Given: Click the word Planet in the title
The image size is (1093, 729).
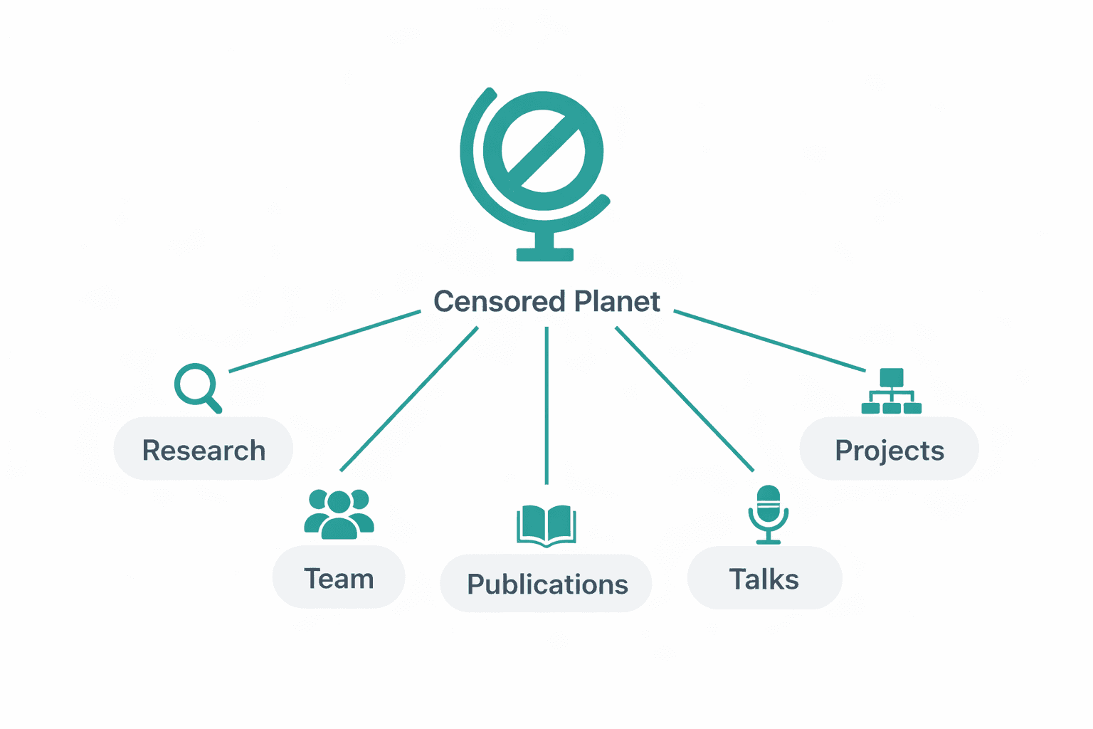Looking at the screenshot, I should point(617,302).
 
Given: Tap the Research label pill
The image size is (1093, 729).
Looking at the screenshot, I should point(204,449).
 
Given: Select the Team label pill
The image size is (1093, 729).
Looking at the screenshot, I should point(339,578).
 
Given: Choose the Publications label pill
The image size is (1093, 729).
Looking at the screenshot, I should point(546,584).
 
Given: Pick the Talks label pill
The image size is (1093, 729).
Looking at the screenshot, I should point(764,579).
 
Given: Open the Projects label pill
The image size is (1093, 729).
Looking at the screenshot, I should point(889,449).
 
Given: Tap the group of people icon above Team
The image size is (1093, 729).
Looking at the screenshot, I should point(339,513).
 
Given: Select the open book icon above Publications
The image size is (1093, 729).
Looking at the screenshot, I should point(546,525).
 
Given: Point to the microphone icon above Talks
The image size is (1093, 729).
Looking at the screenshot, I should point(769,513).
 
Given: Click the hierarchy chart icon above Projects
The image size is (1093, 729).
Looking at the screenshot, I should point(891,392).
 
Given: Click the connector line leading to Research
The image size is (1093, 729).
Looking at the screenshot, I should point(324,341).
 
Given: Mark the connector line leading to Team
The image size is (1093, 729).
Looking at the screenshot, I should point(409,399).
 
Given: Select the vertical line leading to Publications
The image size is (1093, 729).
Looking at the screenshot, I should point(546,406).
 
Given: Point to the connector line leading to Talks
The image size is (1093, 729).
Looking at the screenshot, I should point(685,399).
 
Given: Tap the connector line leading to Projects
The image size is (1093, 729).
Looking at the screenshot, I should point(770,341).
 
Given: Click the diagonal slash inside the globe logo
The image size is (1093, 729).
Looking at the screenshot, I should point(544,151).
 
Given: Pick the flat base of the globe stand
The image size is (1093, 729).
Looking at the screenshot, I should point(545,255).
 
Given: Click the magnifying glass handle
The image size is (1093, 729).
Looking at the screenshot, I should point(213,405).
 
